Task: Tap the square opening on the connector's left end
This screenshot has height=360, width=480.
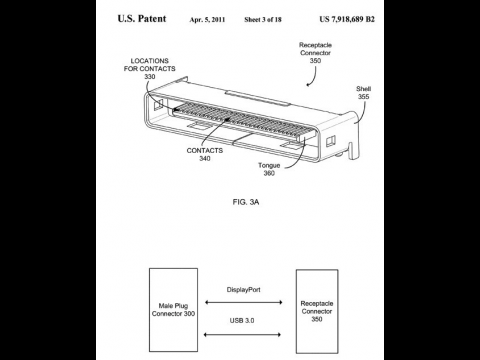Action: point(158,102)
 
